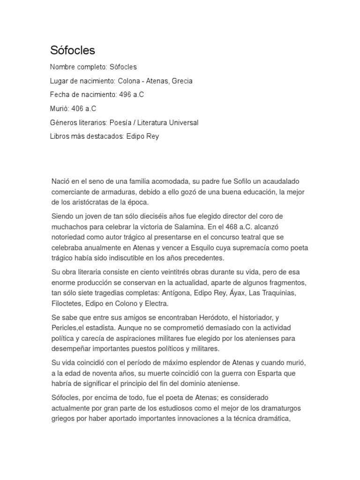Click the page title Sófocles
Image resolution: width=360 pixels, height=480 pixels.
click(x=73, y=50)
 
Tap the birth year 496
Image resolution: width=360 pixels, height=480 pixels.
click(x=125, y=95)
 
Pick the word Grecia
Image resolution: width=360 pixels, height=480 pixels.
click(x=182, y=81)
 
